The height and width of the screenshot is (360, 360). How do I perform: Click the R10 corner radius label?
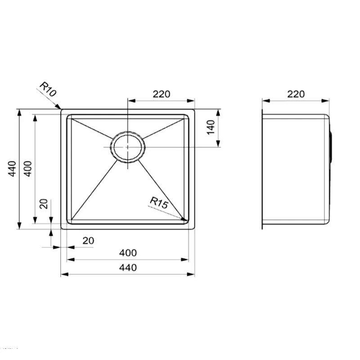coord(48,89)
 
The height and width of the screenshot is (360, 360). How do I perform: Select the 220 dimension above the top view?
coord(162,94)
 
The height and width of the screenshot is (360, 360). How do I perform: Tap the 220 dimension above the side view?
coord(296,94)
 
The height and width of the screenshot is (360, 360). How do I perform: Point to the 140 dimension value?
coord(211,127)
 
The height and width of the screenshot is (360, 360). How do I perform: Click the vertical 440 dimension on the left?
coord(12,169)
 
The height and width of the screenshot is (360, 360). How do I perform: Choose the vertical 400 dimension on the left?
coord(28,169)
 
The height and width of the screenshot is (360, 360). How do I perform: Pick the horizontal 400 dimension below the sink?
coord(128,253)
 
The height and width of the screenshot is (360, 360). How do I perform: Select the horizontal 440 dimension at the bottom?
coord(128,267)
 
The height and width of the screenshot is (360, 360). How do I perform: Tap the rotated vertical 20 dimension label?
coord(44,204)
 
